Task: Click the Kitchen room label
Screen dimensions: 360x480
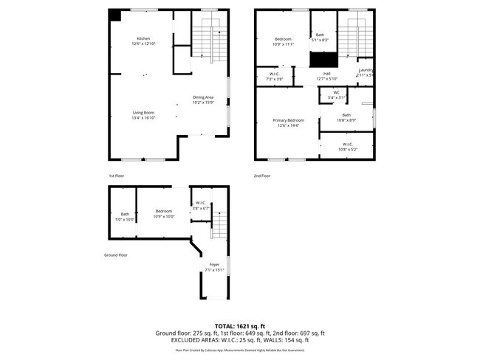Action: pyautogui.click(x=143, y=38)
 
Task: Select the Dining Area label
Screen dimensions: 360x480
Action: pyautogui.click(x=203, y=97)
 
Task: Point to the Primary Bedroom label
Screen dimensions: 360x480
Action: pyautogui.click(x=288, y=120)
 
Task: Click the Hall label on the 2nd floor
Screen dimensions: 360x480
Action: pyautogui.click(x=326, y=74)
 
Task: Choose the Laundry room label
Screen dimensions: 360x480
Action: pyautogui.click(x=366, y=70)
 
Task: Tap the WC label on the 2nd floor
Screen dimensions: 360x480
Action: pyautogui.click(x=336, y=92)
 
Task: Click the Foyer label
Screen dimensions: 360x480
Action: pyautogui.click(x=214, y=264)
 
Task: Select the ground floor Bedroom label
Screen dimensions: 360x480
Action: pyautogui.click(x=163, y=211)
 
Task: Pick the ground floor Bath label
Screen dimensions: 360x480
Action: pyautogui.click(x=125, y=215)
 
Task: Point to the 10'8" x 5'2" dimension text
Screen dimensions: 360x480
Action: pyautogui.click(x=347, y=150)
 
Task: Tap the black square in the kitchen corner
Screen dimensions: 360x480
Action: pyautogui.click(x=114, y=16)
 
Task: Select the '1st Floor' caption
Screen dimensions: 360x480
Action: pyautogui.click(x=117, y=176)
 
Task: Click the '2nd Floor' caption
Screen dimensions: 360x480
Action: pyautogui.click(x=262, y=176)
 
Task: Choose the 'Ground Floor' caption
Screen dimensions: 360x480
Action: pyautogui.click(x=116, y=255)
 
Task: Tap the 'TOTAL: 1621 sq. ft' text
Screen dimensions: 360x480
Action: pyautogui.click(x=240, y=325)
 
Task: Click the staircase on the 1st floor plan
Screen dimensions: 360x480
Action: pyautogui.click(x=208, y=41)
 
